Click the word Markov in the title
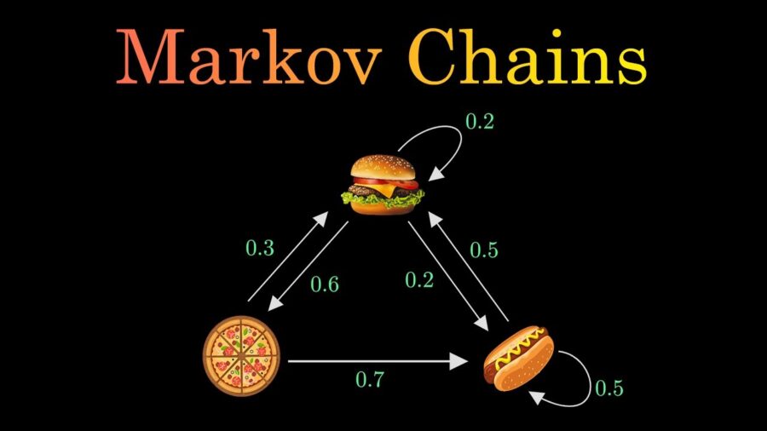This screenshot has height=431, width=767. pos(249,57)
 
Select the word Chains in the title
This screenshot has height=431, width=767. pos(528,56)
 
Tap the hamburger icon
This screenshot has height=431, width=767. pos(383,185)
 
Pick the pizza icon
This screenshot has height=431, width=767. pos(242,355)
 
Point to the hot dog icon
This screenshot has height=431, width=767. pos(519,359)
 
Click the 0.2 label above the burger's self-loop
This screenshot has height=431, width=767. pos(479,121)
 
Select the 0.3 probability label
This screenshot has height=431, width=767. pos(260,248)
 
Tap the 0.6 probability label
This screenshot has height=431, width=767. pos(325,284)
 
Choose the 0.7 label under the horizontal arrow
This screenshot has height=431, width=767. pos(370,379)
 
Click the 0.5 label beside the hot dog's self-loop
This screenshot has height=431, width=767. pos(609,388)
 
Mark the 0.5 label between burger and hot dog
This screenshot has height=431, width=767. pos(484,250)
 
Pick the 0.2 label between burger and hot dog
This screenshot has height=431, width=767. pos(419,279)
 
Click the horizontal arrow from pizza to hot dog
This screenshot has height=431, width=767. pos(378,362)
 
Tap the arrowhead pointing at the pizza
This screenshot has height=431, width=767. pos(275,303)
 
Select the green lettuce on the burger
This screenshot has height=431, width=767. pos(382,198)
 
